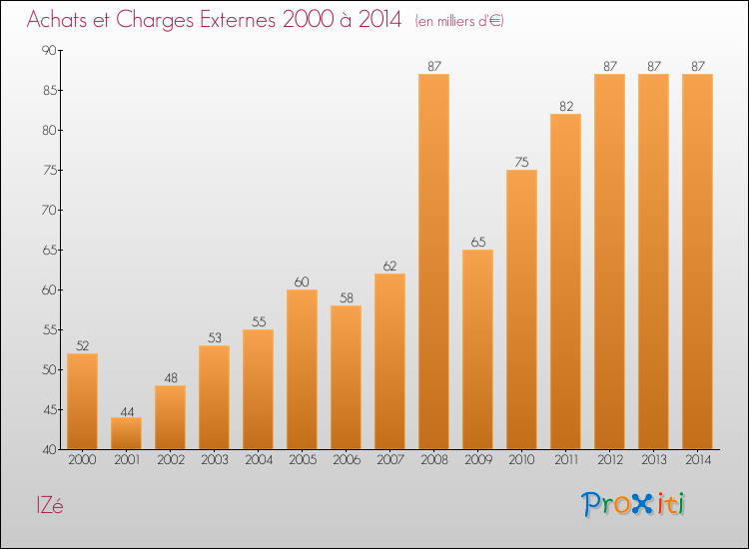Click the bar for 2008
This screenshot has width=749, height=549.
pyautogui.click(x=433, y=262)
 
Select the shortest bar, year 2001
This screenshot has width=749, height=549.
pyautogui.click(x=126, y=433)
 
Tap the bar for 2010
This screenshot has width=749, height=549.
pyautogui.click(x=521, y=309)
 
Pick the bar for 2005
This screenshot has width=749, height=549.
pyautogui.click(x=302, y=369)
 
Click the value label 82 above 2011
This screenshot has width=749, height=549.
pyautogui.click(x=565, y=106)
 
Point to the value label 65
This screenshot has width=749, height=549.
pyautogui.click(x=477, y=242)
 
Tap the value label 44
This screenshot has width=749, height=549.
pyautogui.click(x=126, y=409)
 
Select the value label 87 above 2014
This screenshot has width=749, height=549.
pyautogui.click(x=697, y=66)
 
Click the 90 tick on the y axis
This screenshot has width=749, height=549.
pyautogui.click(x=48, y=50)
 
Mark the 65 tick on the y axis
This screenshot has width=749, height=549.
pyautogui.click(x=48, y=250)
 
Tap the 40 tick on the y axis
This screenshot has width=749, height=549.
pyautogui.click(x=48, y=449)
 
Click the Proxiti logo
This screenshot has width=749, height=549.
pyautogui.click(x=634, y=504)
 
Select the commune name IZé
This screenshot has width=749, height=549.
pyautogui.click(x=46, y=505)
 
